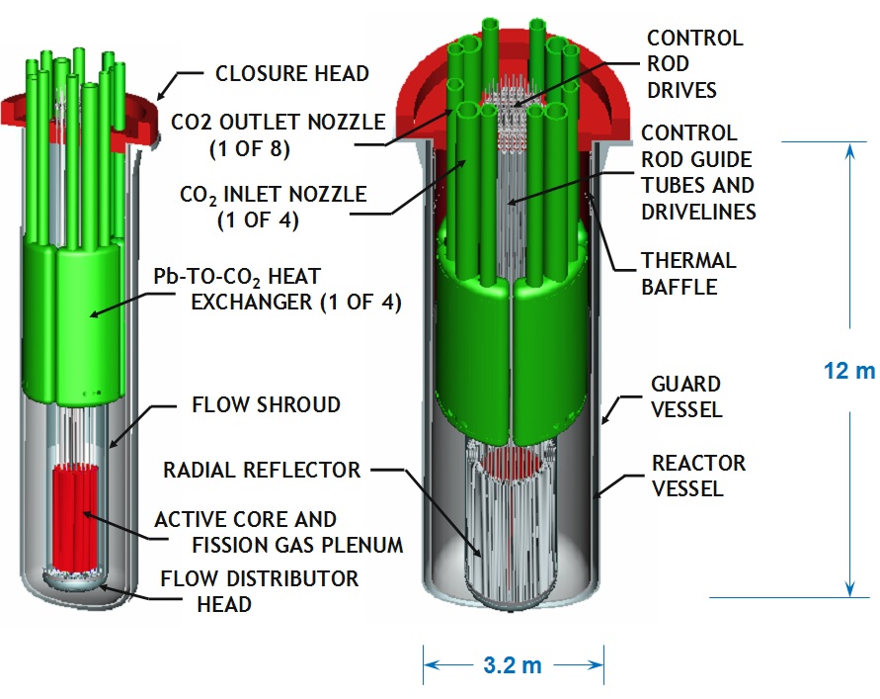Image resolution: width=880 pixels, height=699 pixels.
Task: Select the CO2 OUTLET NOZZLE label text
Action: [277, 124]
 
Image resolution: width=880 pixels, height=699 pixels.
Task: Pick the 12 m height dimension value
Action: [848, 372]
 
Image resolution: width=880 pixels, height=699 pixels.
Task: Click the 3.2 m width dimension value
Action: [514, 663]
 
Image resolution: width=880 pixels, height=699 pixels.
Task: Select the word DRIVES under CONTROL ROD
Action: [680, 90]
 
